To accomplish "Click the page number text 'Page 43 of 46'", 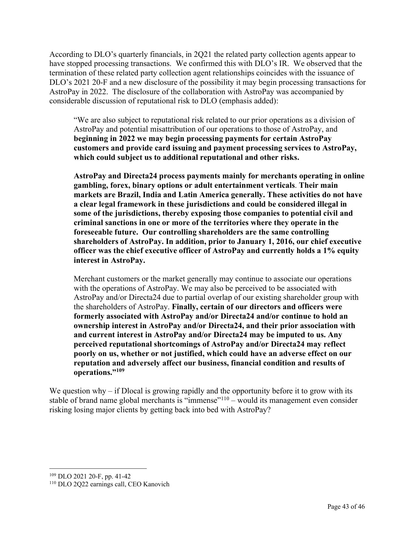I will click(346, 506).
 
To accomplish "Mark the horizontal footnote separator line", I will click(98, 468).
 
